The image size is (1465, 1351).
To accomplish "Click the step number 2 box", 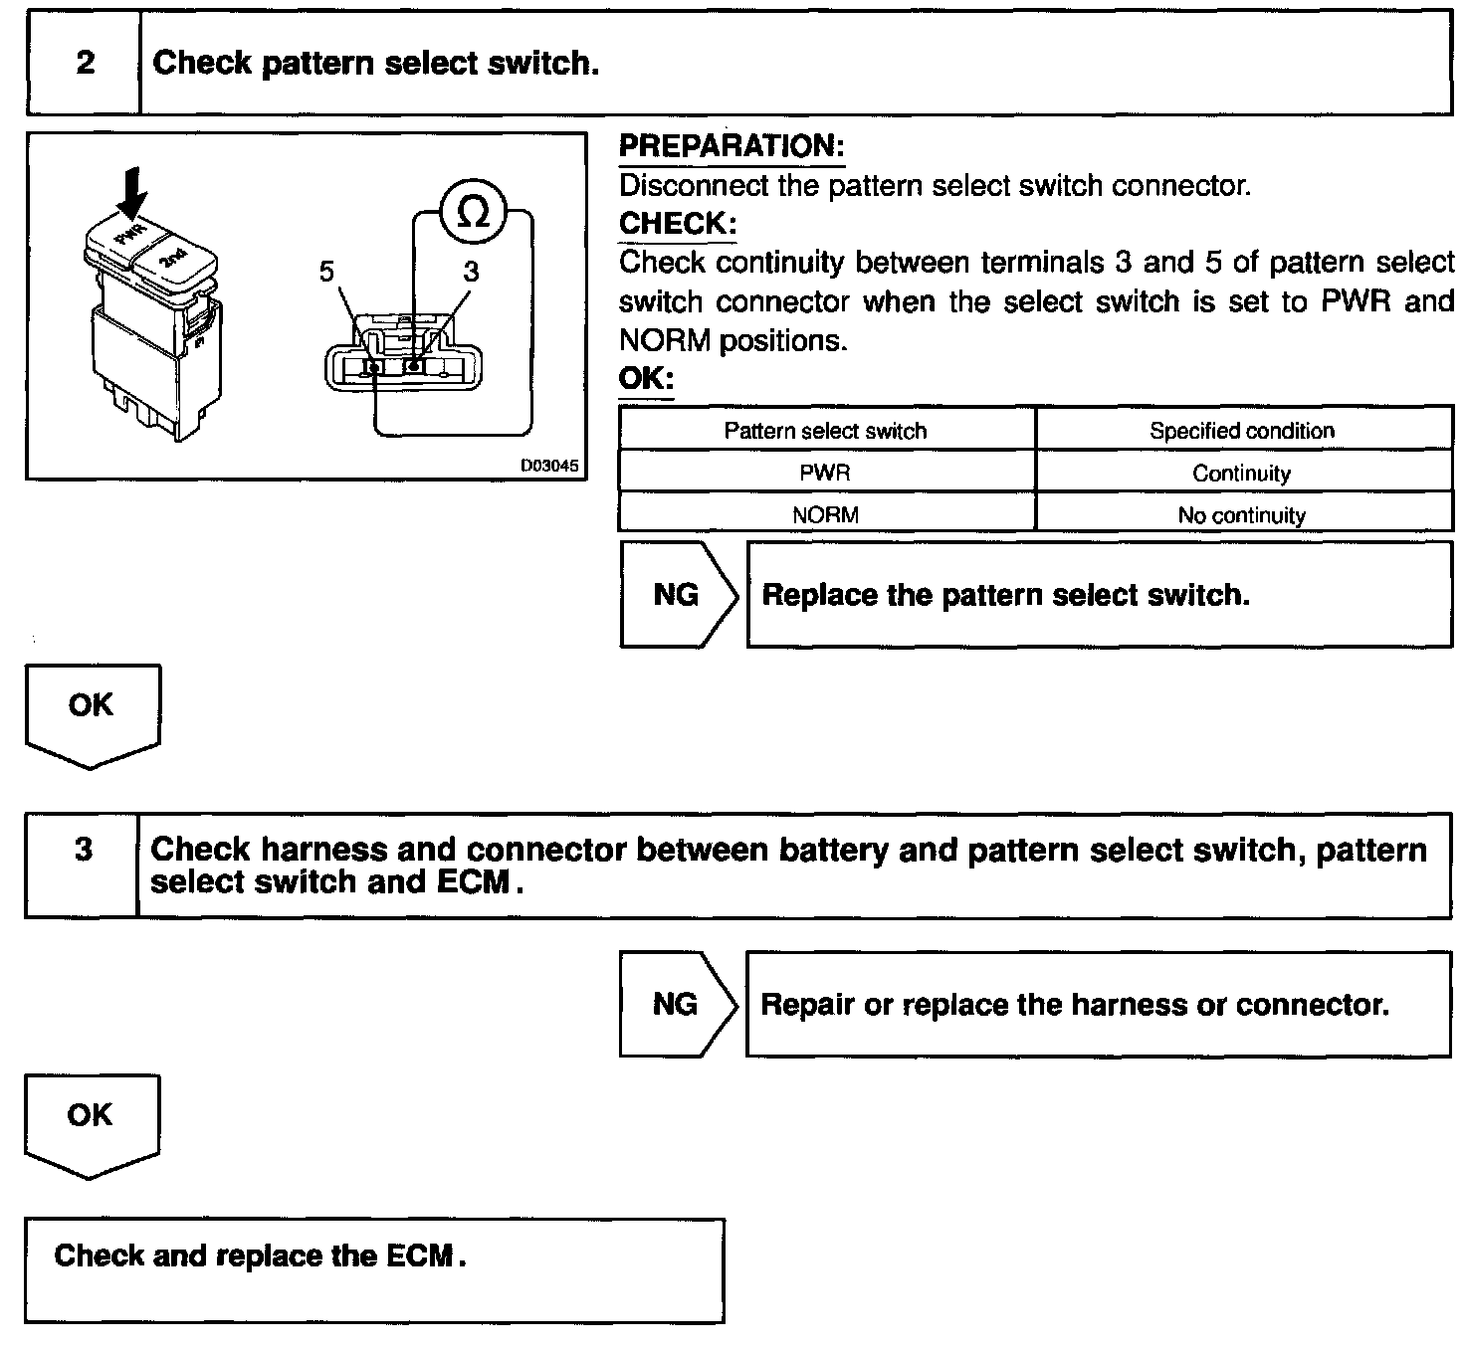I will [85, 64].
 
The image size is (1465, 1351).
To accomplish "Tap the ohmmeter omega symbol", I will [475, 213].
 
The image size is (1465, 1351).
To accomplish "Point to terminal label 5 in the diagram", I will [327, 272].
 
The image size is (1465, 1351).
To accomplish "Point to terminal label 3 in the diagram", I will [471, 272].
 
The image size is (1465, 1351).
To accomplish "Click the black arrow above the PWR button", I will [130, 190].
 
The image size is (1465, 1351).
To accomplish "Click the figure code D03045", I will [548, 466].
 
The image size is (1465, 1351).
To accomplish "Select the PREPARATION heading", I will [732, 146].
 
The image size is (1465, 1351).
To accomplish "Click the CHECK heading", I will [677, 224].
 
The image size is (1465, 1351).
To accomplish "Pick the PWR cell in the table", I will [825, 473].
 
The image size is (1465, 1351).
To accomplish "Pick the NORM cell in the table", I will [825, 515].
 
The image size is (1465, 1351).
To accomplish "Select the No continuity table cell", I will [1241, 515].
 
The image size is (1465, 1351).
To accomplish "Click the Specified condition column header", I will [1241, 431].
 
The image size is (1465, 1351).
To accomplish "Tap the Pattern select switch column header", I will [825, 431].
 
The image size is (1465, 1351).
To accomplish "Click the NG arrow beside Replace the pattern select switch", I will [677, 595].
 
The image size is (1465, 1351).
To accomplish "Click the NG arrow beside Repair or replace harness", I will [676, 1005].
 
